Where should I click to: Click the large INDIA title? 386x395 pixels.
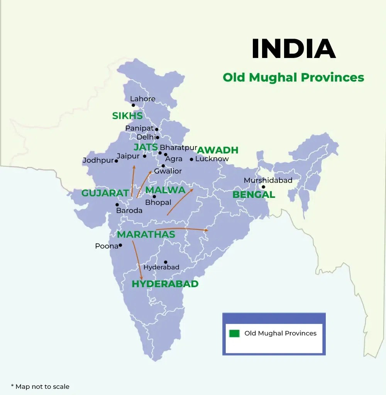293,49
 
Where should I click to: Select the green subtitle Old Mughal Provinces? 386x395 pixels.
293,77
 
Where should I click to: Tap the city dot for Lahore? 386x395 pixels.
133,105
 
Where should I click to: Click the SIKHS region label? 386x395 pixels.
127,116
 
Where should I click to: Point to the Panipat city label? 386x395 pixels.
139,128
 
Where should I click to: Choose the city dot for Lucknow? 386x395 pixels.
191,159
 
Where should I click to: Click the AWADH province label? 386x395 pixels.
218,150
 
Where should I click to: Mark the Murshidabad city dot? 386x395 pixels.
263,187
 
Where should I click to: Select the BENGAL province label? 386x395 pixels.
254,195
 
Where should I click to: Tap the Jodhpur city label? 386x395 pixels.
98,160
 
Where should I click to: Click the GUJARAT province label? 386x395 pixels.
105,193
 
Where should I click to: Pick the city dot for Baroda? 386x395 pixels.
117,205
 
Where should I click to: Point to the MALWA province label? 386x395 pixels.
165,190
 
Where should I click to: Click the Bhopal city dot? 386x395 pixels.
154,197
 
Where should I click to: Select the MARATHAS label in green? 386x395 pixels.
146,235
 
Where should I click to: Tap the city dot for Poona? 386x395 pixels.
120,245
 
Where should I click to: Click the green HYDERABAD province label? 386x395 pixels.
165,284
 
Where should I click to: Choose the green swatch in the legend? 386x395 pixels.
234,334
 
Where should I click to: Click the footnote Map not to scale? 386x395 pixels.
40,386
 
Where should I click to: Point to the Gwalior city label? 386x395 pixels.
168,171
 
